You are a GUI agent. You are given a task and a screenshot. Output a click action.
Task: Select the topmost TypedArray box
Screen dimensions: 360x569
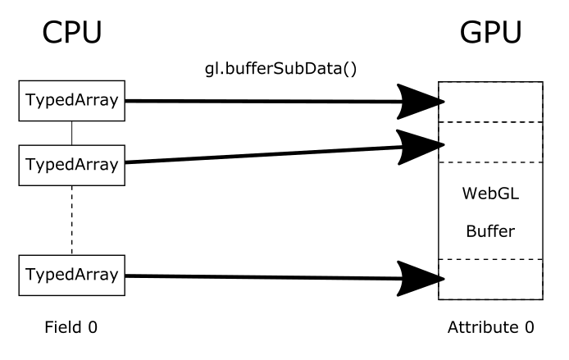71,101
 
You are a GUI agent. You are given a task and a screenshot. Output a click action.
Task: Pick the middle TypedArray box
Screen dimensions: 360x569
71,163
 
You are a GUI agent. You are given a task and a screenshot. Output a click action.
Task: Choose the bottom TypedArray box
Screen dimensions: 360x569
71,275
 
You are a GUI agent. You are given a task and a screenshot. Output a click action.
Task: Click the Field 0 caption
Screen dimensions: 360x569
71,328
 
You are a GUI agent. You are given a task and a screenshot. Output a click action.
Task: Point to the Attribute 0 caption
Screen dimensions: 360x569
490,328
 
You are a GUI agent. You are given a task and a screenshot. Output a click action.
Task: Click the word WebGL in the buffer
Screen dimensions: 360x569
490,195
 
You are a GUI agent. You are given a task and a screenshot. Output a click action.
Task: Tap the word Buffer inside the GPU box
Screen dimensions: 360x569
490,231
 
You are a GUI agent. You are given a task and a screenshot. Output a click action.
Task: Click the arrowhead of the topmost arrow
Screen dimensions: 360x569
423,102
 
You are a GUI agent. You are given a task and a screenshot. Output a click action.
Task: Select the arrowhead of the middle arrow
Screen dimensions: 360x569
423,147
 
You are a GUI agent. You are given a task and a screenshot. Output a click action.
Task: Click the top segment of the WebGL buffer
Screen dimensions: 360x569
490,102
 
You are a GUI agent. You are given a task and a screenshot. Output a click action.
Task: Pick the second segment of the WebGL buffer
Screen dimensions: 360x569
490,142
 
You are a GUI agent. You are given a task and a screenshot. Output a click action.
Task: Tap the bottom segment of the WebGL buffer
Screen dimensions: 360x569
490,279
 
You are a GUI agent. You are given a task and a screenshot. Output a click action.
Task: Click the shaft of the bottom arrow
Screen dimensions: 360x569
262,276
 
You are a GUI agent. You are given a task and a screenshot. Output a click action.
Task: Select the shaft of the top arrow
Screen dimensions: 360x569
262,102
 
